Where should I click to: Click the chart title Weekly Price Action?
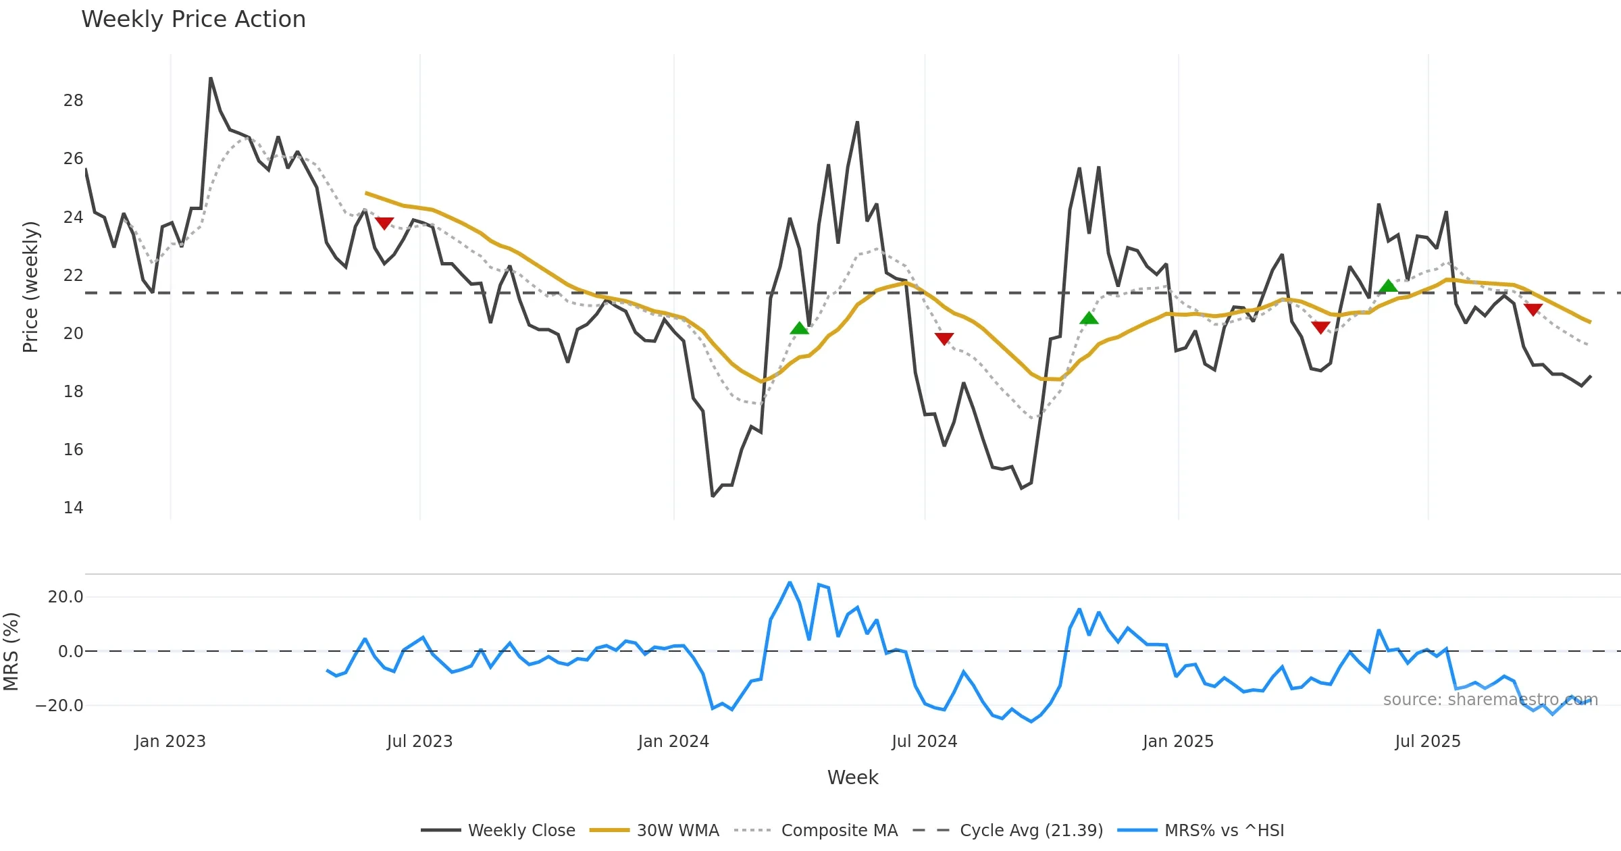[193, 20]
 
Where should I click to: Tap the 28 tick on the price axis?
[73, 101]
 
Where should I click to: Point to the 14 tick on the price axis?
[73, 508]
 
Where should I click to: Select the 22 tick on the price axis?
[73, 276]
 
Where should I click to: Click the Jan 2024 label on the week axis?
[673, 742]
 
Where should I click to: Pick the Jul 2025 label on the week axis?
[1427, 742]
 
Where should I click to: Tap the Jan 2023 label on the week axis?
[170, 742]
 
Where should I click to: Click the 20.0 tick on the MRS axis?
[66, 597]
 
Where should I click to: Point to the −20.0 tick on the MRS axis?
[59, 706]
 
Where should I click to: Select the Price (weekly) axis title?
[31, 287]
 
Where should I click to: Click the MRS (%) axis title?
[11, 652]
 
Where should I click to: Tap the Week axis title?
[852, 778]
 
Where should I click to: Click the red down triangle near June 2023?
[384, 223]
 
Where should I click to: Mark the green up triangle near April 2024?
[799, 328]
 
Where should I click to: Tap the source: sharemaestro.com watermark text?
[1490, 700]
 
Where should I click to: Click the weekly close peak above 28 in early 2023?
[211, 78]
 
